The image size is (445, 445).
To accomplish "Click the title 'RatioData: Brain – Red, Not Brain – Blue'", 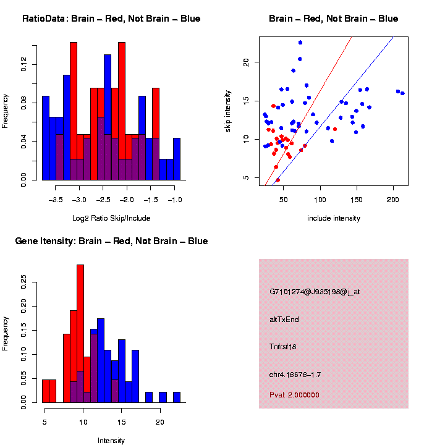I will pos(111,19).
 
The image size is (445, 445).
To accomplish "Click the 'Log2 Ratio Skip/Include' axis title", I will pos(111,218).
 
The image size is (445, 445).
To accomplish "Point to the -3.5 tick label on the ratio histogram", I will pos(56,200).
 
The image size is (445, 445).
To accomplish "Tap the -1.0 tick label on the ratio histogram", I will pos(175,200).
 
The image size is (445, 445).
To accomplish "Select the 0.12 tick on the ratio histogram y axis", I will pos(24,64).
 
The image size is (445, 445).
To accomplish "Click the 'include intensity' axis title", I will pos(334,218).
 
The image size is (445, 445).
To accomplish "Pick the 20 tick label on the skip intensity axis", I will pos(245,62).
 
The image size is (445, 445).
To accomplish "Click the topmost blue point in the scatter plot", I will pos(300,43).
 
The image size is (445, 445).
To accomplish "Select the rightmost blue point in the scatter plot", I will pos(402,93).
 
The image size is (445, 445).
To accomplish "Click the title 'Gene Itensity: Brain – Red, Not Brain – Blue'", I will pos(111,241).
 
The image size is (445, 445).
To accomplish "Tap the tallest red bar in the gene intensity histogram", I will pos(80,334).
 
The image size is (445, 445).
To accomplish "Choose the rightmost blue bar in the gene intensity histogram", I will pos(177,397).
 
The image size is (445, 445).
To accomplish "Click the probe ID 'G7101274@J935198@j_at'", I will pos(315,292).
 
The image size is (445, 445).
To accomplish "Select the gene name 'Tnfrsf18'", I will pos(283,347).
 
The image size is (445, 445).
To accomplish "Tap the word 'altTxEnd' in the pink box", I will pos(284,320).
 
